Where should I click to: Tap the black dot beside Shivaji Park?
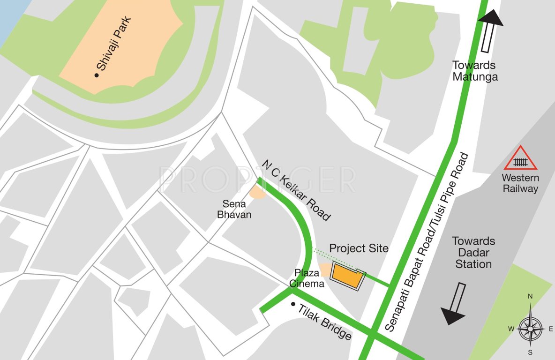(97, 75)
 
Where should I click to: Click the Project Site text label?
(359, 248)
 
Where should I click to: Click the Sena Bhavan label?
(237, 210)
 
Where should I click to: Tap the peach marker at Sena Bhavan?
(257, 191)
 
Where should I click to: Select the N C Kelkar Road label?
(296, 190)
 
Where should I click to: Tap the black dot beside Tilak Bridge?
(293, 304)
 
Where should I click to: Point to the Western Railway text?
(520, 183)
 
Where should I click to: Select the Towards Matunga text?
(475, 71)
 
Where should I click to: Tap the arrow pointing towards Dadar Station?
(455, 304)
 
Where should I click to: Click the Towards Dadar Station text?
(473, 252)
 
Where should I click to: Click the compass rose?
(531, 328)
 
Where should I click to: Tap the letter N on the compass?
(531, 296)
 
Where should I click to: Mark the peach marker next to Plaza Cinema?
(325, 270)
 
